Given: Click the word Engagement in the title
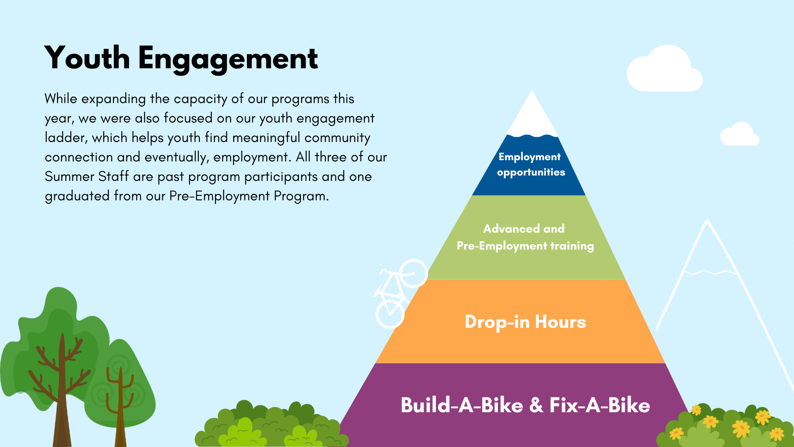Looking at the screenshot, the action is (228, 59).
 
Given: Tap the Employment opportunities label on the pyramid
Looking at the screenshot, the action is (531, 164).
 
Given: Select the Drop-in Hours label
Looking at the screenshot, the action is (525, 322).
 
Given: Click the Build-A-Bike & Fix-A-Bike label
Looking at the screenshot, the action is (525, 405).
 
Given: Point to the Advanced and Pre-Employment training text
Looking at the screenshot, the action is (525, 237).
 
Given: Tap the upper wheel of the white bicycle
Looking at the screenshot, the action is (413, 273).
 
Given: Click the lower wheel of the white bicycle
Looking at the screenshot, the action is (390, 314).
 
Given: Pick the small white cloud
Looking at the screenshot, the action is (740, 135).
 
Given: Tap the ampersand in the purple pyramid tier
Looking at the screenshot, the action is (536, 405).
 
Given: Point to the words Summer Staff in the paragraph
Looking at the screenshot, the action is (87, 176).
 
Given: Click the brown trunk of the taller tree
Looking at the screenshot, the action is (62, 397).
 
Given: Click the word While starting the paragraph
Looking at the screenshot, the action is (61, 99).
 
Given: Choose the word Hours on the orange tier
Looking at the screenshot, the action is (560, 322).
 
